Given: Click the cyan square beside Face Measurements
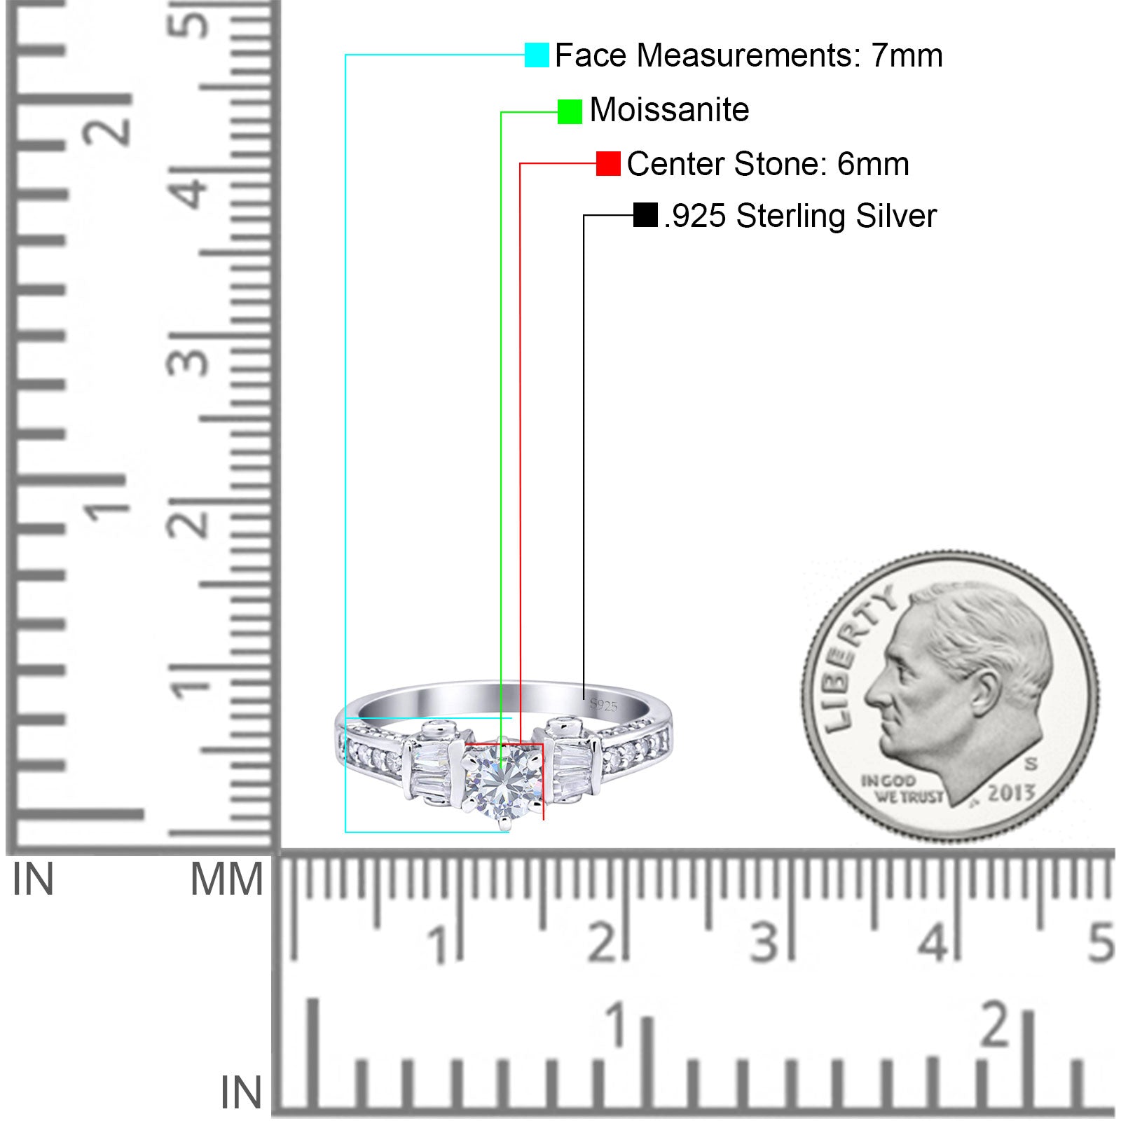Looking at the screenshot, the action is coord(537,55).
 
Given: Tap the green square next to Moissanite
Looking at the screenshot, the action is coord(570,111).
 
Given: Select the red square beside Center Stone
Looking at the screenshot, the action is coord(608,164).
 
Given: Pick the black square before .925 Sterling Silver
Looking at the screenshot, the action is coord(645,215).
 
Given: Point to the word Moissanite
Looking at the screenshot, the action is coord(669,110).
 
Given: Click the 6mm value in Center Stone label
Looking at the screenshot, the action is coord(873,164).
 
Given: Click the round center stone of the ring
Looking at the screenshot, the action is coord(502,779).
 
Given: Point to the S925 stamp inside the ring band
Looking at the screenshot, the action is coord(603,705).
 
